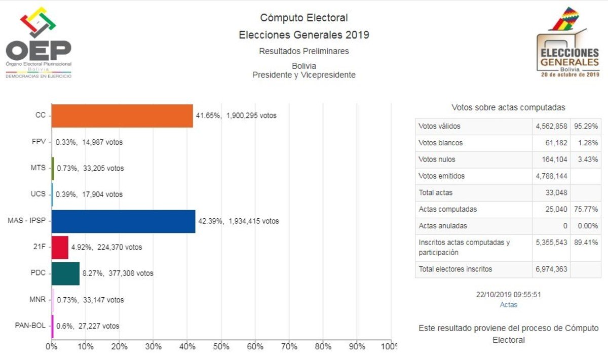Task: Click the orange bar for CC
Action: click(122, 115)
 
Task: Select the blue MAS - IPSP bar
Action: click(123, 221)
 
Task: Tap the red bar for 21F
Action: click(60, 247)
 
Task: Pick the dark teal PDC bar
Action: click(65, 273)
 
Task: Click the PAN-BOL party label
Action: click(30, 326)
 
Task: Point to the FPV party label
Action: click(39, 142)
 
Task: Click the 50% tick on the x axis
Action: click(221, 347)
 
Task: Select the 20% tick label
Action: click(119, 347)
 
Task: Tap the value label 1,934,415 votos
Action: click(253, 221)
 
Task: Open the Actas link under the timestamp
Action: click(509, 305)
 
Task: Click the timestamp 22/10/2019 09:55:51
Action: click(509, 295)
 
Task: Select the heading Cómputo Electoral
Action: click(304, 18)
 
